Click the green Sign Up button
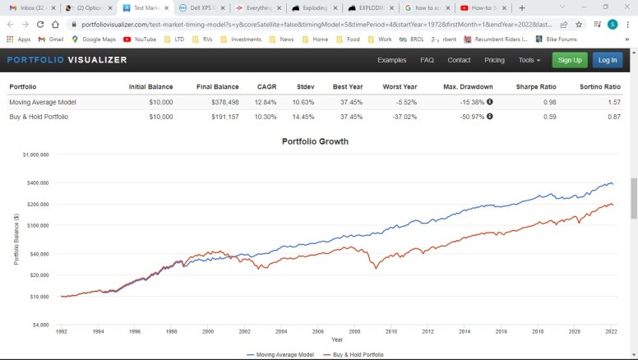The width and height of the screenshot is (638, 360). point(569,60)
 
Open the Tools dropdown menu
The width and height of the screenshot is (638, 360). point(529,60)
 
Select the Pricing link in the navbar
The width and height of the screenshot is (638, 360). point(494,60)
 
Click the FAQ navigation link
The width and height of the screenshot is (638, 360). point(427,60)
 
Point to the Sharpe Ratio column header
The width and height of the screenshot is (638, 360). point(536,87)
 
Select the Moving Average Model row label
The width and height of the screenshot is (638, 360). point(44,102)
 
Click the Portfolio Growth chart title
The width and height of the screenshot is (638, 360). point(315,141)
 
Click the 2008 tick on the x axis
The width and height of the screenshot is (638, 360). point(354,331)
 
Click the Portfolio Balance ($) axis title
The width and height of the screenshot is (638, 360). point(16,239)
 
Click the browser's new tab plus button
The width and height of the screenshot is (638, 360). point(522,7)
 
